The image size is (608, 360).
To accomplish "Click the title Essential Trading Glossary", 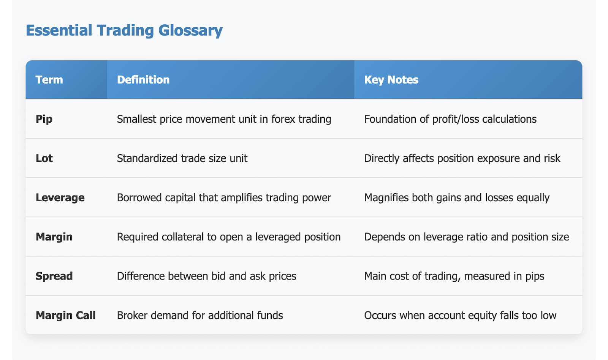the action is click(124, 30).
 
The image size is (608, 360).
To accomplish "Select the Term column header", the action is click(49, 80).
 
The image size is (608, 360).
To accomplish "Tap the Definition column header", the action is click(143, 80).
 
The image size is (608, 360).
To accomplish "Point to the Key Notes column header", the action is click(391, 80).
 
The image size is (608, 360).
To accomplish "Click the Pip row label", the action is click(44, 119).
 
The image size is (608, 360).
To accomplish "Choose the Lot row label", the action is click(44, 158).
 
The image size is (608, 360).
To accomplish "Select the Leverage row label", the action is click(60, 198).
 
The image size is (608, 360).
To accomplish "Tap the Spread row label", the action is click(54, 276).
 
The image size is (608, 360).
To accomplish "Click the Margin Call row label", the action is click(66, 316).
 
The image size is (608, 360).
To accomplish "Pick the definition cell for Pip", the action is click(224, 119).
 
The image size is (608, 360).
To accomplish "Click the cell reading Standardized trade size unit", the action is click(182, 158).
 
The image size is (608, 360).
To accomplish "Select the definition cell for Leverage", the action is click(224, 198).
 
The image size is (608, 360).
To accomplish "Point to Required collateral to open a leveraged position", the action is click(229, 237).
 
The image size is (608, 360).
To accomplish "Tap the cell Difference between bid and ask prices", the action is click(207, 276).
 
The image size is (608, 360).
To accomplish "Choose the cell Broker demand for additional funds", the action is click(200, 316).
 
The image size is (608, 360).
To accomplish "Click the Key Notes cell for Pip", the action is click(450, 119).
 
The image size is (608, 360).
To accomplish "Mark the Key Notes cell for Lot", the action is click(462, 158).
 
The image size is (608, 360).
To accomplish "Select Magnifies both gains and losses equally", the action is click(457, 198).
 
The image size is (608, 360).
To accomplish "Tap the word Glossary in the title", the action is click(190, 30).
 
